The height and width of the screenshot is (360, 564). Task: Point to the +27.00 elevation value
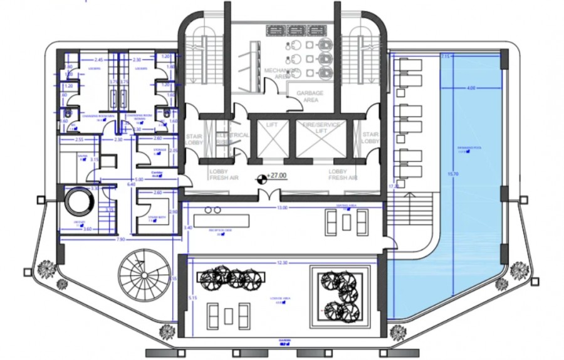276,176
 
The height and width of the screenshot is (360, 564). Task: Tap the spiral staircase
145,275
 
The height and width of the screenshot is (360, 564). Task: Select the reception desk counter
222,221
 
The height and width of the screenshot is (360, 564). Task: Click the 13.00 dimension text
282,208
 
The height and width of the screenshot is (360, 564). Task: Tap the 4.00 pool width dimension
471,88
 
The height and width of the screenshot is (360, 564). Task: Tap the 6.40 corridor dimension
132,184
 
